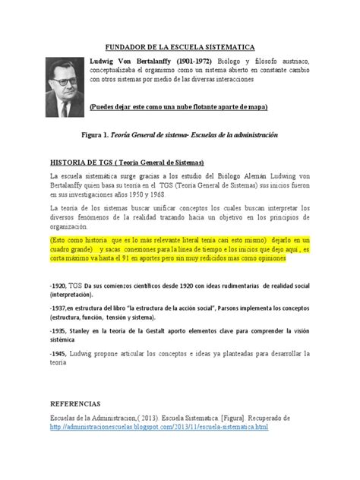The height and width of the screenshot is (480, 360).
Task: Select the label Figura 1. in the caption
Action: pyautogui.click(x=106, y=134)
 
